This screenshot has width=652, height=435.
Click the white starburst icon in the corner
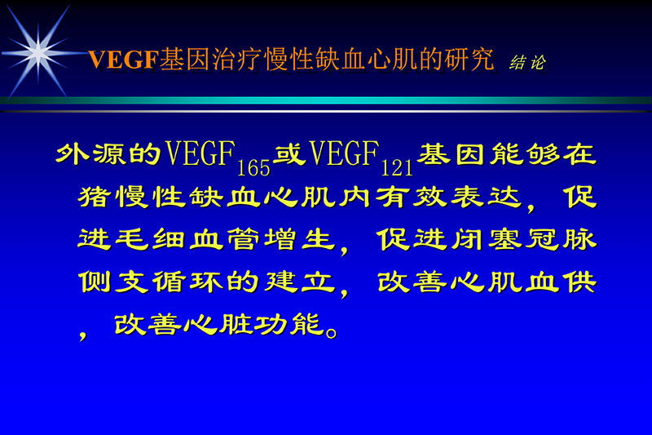(37, 51)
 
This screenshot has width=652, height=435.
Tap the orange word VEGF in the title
(123, 60)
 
